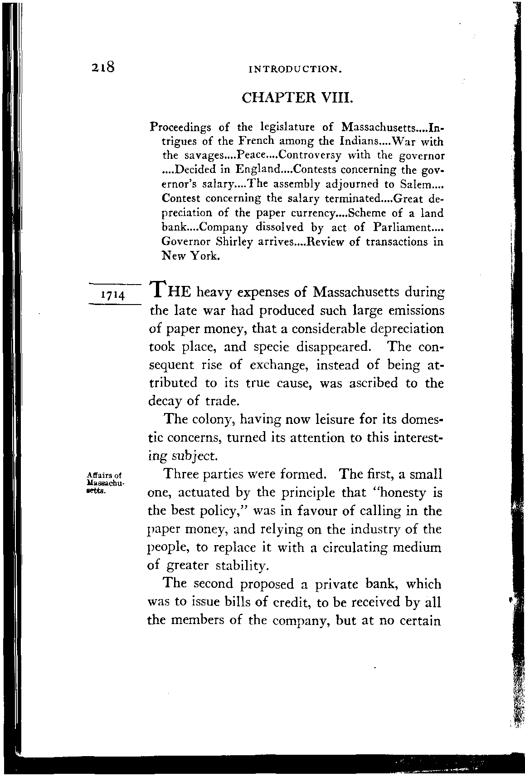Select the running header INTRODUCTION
[295, 70]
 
